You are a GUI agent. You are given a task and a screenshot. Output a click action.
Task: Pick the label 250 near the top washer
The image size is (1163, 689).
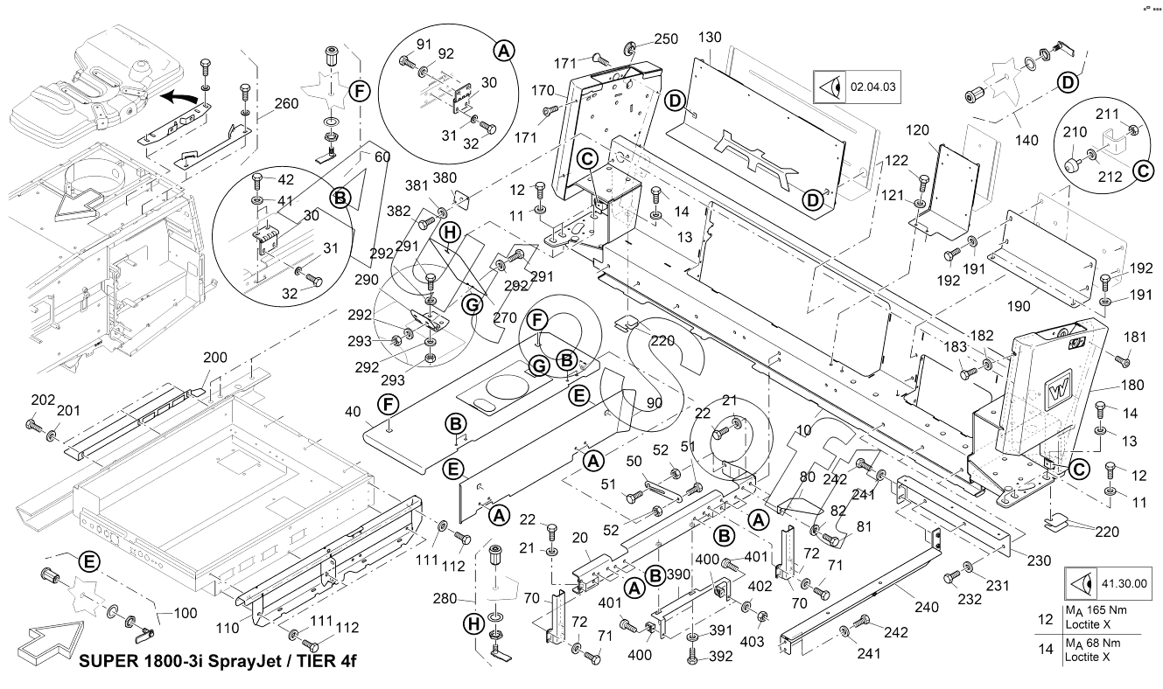pyautogui.click(x=666, y=39)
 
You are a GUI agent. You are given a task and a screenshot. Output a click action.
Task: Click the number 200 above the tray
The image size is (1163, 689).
pyautogui.click(x=214, y=358)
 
